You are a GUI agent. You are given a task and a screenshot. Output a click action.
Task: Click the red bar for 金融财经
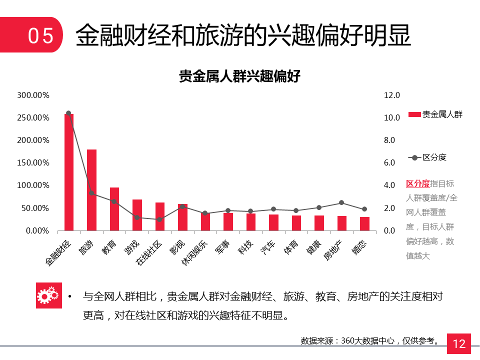pos(69,172)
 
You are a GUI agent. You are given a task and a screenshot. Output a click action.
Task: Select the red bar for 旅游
pos(91,190)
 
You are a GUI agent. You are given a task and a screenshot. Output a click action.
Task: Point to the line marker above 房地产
pos(341,202)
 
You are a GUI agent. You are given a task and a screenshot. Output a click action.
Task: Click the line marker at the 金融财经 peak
pos(68,113)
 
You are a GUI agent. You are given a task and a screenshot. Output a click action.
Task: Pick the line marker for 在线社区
pos(159,219)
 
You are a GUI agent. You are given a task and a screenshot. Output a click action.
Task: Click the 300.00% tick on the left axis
pos(33,95)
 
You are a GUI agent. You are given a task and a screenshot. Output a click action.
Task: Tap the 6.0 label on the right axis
pos(389,163)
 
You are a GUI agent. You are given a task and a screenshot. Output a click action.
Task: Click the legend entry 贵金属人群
pos(435,114)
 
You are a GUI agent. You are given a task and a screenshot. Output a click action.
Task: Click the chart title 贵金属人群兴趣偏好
pos(239,76)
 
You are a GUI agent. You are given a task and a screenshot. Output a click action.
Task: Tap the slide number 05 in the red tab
pos(40,36)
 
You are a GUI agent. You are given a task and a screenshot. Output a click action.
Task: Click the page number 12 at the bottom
pos(459,344)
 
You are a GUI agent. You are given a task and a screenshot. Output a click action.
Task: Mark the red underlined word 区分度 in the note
pos(417,183)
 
